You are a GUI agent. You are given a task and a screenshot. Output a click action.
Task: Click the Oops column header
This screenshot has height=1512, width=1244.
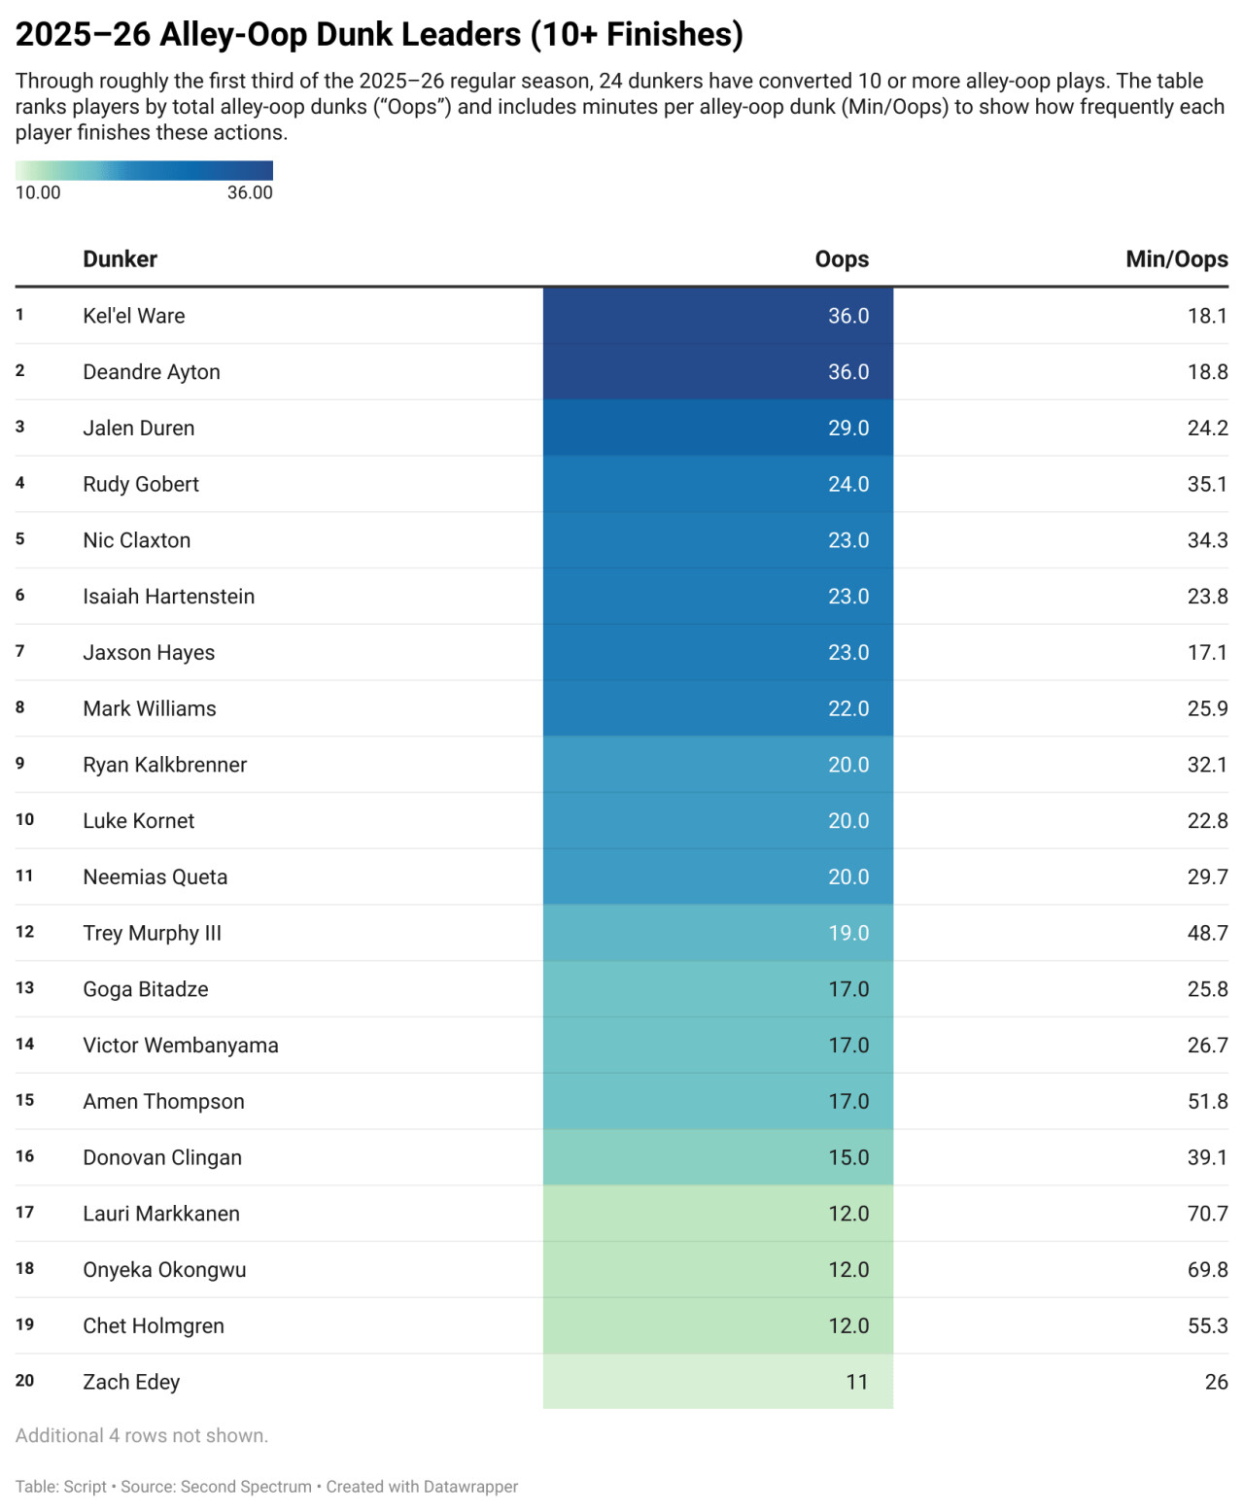point(842,259)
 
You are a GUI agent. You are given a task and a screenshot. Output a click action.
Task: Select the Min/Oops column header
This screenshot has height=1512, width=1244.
point(1176,259)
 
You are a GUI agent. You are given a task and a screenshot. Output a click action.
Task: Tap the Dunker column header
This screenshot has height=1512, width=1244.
point(120,259)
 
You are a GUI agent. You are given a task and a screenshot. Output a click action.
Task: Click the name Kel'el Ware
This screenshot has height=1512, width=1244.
point(133,316)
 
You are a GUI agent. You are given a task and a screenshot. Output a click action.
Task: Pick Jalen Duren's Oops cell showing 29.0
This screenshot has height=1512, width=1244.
point(847,429)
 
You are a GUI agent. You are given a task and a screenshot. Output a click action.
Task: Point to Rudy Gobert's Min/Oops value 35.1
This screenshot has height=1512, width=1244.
point(1207,484)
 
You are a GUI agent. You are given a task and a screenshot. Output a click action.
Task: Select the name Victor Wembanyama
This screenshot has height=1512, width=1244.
point(180,1046)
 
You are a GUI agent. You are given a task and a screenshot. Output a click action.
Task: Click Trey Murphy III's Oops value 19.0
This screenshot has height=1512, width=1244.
point(847,934)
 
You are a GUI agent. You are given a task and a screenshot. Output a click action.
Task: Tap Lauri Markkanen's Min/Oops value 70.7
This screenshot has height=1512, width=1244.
point(1207,1214)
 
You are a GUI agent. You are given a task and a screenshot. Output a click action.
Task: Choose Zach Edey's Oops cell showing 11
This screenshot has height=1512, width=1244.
point(856,1382)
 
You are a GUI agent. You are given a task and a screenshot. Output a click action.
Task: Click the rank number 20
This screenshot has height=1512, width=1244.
point(24,1381)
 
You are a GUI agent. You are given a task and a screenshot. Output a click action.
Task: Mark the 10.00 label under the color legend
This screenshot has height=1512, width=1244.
point(38,192)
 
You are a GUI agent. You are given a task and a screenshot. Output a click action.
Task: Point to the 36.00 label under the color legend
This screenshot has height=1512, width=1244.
point(250,192)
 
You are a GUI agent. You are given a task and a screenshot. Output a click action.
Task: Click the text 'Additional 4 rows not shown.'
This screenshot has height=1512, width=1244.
point(142,1436)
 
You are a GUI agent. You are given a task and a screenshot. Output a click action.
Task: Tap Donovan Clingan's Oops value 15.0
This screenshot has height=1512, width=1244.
point(847,1158)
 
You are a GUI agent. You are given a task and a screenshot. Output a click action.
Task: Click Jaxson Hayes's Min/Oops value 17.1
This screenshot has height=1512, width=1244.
point(1207,653)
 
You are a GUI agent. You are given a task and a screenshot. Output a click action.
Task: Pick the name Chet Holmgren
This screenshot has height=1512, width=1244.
point(153,1326)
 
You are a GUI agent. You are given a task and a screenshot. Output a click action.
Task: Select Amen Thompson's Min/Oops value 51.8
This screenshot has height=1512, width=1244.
point(1207,1102)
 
